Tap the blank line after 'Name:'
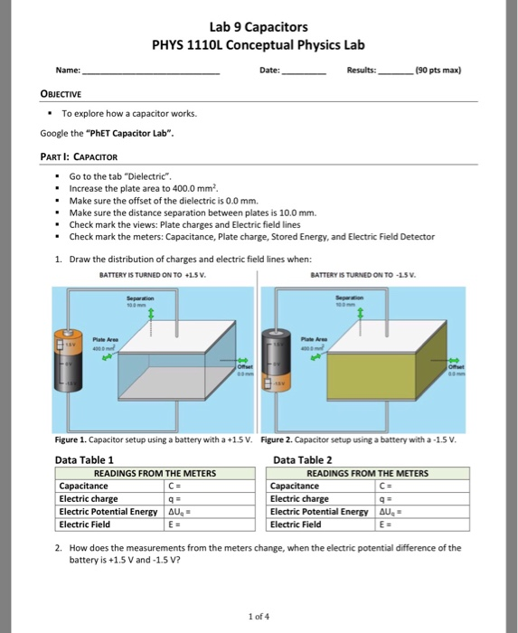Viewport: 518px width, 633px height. tap(150, 71)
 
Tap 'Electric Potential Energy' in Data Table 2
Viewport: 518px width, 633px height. tap(320, 511)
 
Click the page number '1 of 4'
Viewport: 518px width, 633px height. tap(259, 617)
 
